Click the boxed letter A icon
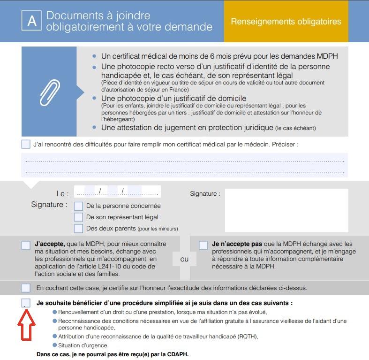point(32,22)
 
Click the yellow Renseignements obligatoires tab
point(286,22)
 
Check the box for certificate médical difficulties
point(26,144)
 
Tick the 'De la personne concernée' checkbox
point(78,206)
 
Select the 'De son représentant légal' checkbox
point(78,217)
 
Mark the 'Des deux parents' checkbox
point(78,229)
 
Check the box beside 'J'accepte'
point(26,245)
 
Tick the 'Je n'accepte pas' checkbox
point(203,245)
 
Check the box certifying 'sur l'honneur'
point(26,288)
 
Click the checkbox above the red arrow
point(26,303)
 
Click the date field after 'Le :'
point(117,192)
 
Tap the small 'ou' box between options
point(184,259)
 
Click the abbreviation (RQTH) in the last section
point(245,337)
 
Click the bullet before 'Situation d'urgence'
point(55,345)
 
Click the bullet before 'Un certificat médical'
point(95,56)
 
